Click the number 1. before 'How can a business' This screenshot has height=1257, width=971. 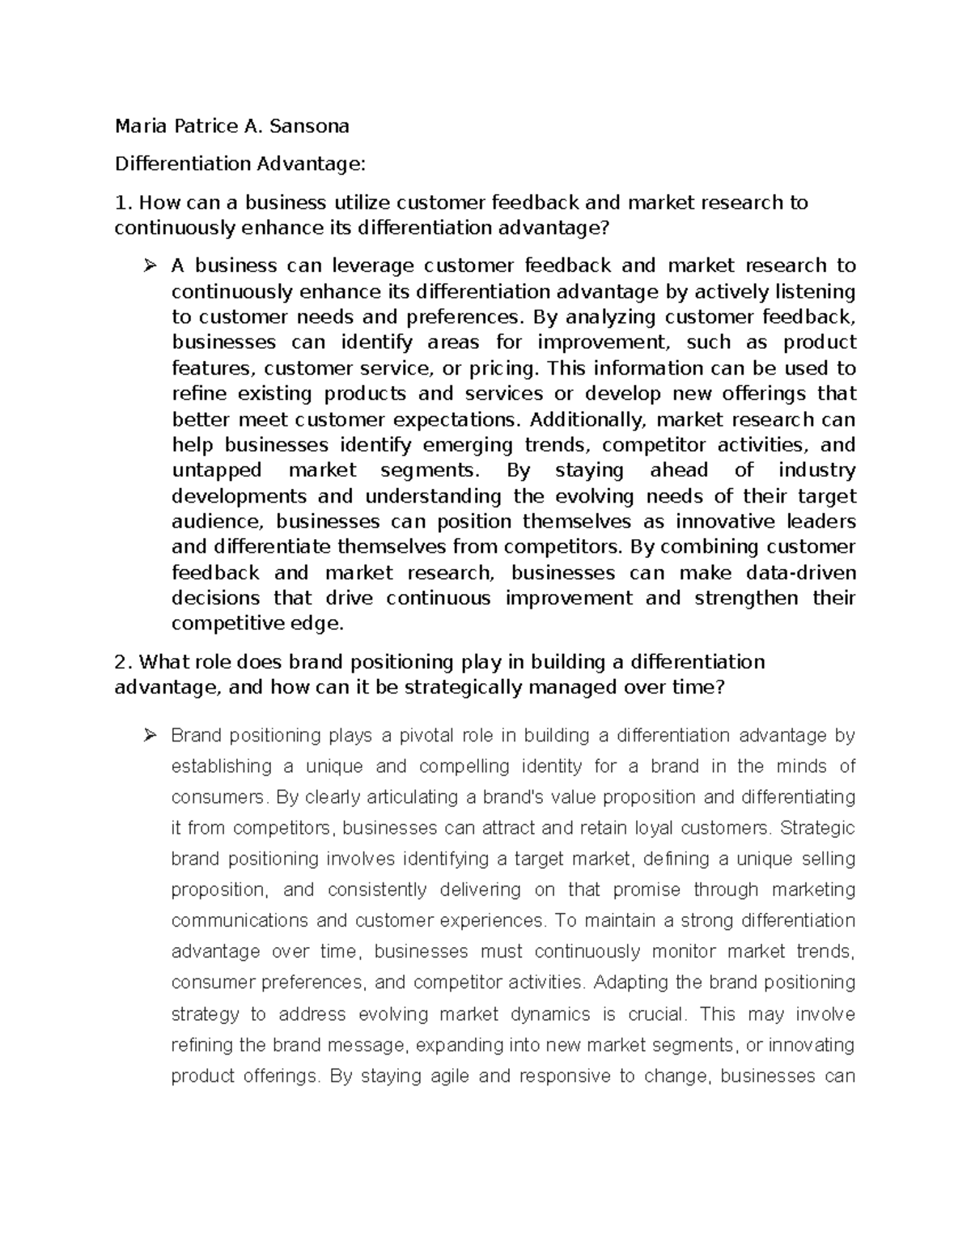(x=123, y=202)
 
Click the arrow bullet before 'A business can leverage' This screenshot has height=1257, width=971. (x=150, y=265)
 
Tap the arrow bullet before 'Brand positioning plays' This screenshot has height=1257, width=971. (x=150, y=736)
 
